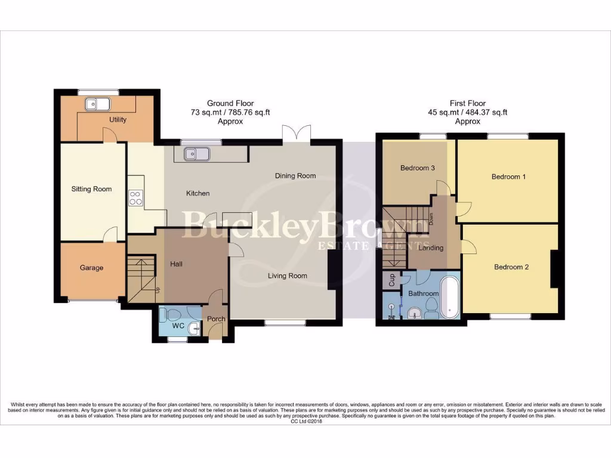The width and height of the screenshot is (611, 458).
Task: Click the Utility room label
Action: click(x=118, y=119)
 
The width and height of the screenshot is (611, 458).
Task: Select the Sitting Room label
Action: click(x=91, y=189)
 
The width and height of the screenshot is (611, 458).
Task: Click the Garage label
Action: click(x=91, y=268)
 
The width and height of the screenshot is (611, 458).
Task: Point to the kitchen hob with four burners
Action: click(x=135, y=197)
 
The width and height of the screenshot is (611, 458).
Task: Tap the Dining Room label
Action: click(x=295, y=176)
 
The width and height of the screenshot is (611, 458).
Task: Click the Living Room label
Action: click(x=287, y=276)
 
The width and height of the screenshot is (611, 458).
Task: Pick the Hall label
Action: click(x=176, y=264)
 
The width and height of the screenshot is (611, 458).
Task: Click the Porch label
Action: click(x=216, y=319)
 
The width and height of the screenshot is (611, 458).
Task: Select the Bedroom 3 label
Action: click(x=417, y=168)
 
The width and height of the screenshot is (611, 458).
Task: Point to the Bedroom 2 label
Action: click(x=511, y=267)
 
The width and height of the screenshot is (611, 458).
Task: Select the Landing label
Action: click(x=431, y=248)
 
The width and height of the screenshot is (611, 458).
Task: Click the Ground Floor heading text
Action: click(x=230, y=103)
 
